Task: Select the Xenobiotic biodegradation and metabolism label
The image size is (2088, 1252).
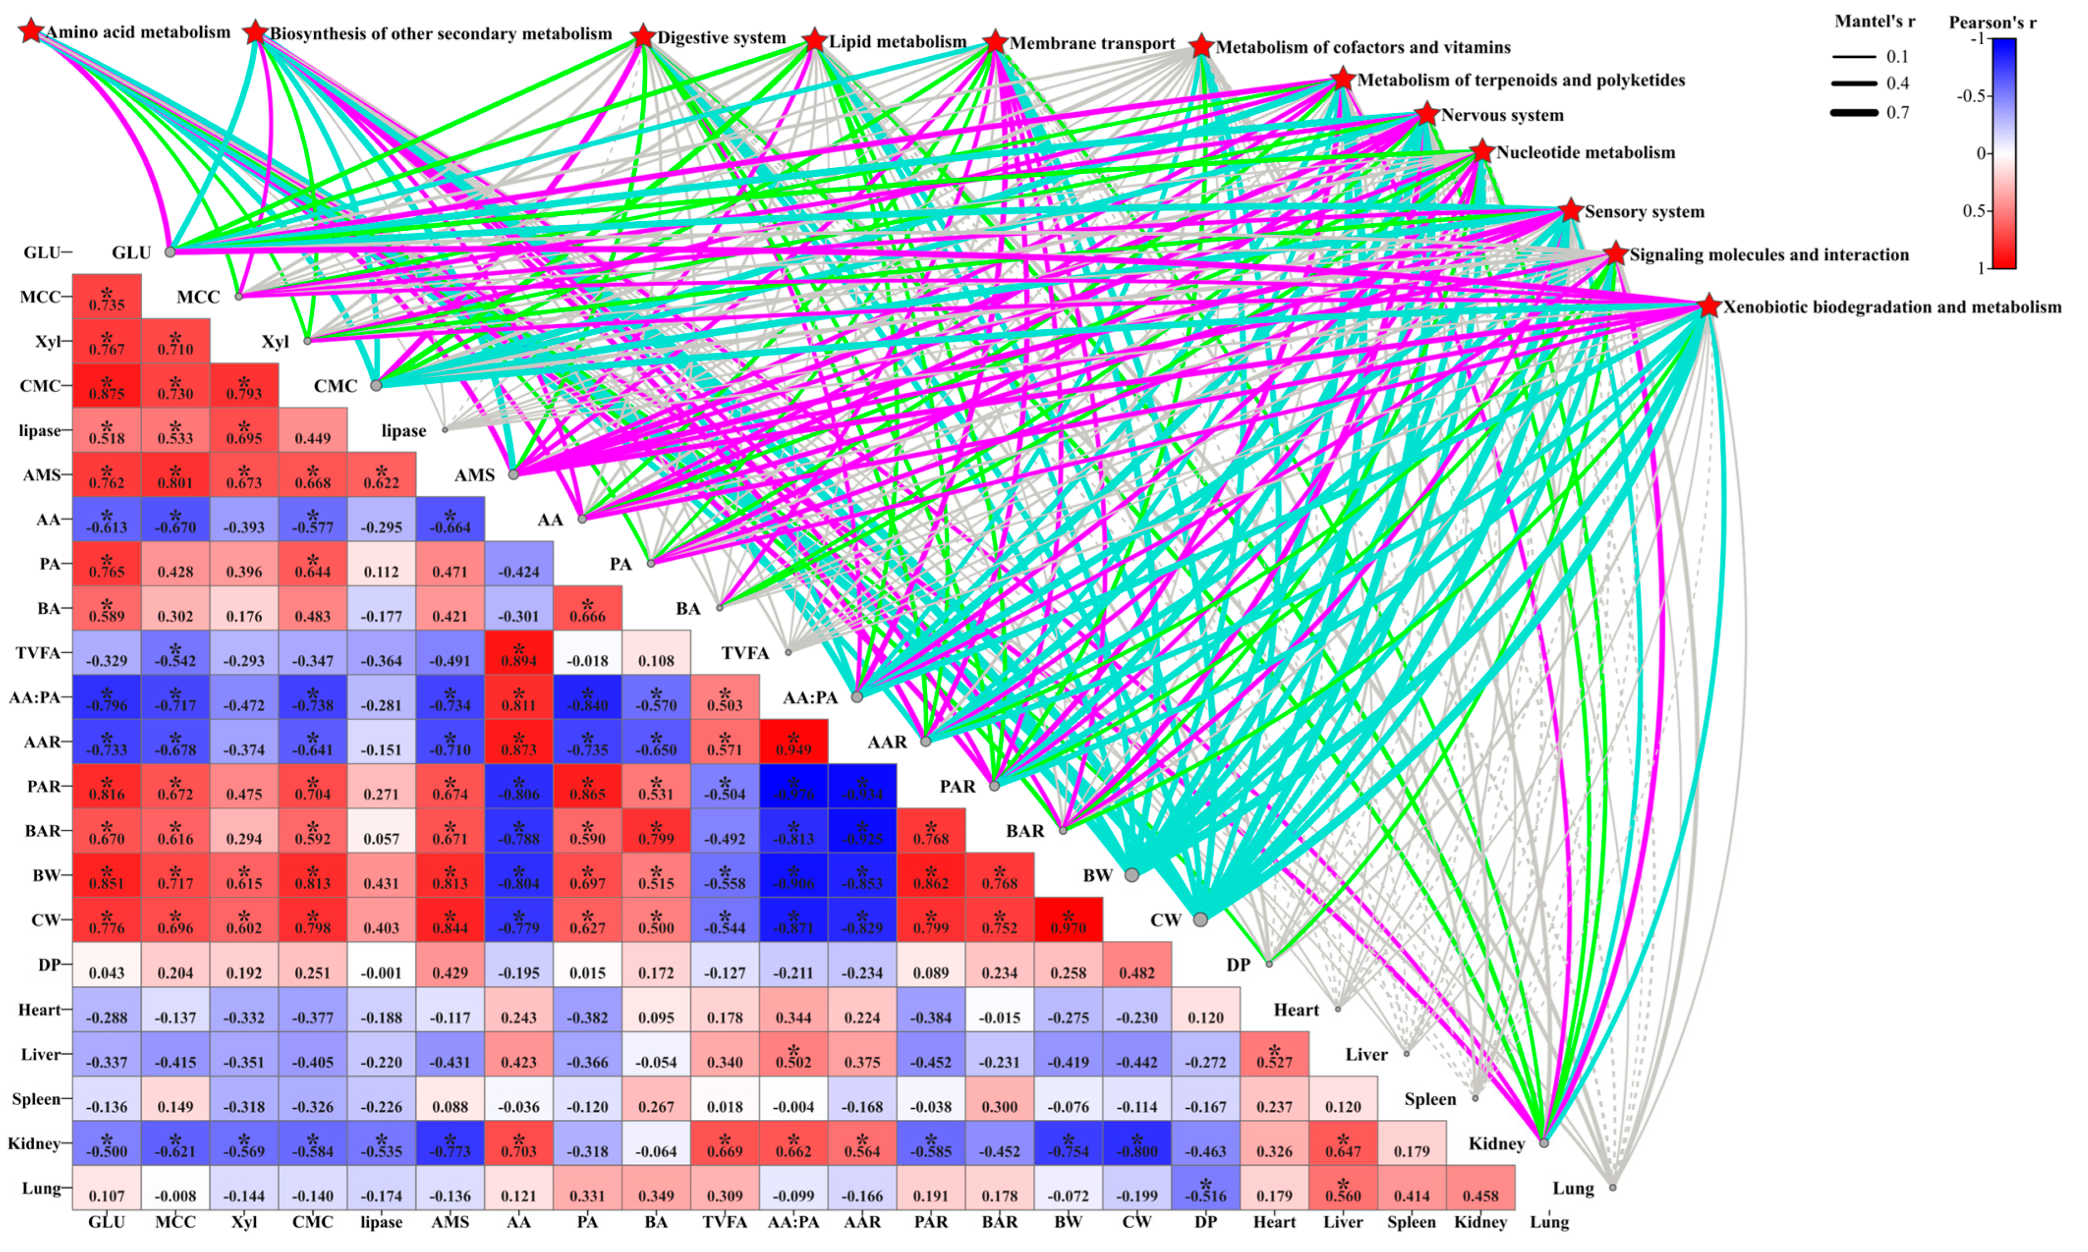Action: [x=1892, y=307]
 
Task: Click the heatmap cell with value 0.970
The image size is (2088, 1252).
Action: [x=1069, y=919]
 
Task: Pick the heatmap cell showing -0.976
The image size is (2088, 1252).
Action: [x=794, y=786]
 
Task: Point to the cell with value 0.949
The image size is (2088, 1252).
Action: [x=794, y=741]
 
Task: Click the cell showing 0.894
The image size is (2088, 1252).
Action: [x=518, y=652]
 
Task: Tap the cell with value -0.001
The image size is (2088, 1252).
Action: [x=381, y=964]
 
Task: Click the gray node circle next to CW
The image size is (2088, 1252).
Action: [x=1200, y=919]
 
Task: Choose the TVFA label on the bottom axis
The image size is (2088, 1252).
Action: [x=724, y=1221]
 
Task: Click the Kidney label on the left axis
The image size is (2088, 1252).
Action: [x=34, y=1143]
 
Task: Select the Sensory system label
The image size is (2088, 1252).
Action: [x=1644, y=212]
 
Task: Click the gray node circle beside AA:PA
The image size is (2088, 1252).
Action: [x=857, y=697]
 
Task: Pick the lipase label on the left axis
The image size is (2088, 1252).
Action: [x=40, y=430]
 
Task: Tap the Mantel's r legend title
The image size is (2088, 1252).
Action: [x=1874, y=22]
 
